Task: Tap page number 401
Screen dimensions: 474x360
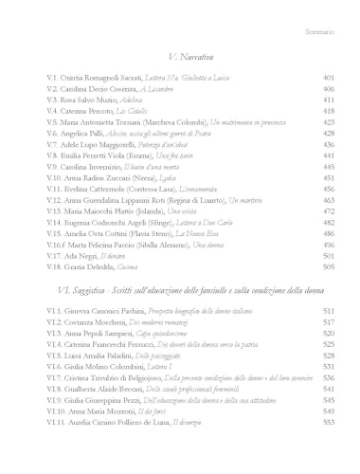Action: coord(329,78)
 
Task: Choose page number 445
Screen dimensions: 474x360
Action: coord(329,167)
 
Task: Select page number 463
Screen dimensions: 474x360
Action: coord(329,200)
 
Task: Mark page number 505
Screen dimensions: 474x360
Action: coord(329,266)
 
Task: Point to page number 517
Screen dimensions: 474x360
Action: coord(329,321)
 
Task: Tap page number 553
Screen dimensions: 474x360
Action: coord(329,422)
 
